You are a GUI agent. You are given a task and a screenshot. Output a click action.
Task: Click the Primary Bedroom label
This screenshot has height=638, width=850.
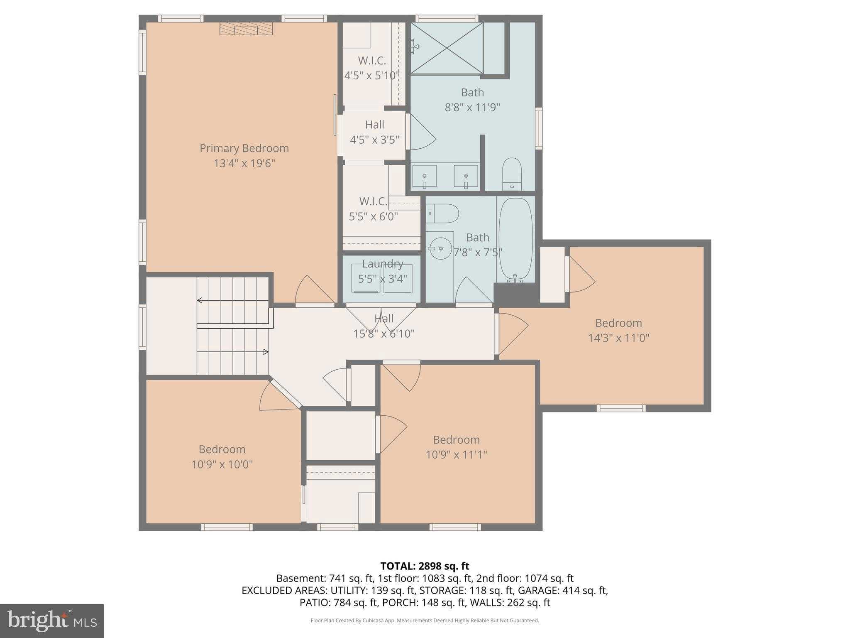coord(244,148)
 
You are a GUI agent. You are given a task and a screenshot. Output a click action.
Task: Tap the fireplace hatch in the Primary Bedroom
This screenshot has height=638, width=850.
coord(246,29)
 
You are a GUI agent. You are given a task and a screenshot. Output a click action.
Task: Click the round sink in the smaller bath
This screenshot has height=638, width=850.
coord(440,248)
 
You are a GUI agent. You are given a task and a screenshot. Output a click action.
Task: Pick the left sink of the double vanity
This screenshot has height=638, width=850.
coord(424,176)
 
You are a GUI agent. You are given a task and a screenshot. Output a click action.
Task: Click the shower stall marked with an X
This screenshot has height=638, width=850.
coord(447,49)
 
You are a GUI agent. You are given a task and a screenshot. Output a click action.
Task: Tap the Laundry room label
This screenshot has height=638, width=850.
coord(382,264)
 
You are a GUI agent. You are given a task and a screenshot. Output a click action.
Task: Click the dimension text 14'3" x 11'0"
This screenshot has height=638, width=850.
coord(618,338)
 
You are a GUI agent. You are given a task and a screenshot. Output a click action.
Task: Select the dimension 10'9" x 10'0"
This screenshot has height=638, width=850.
coord(222,464)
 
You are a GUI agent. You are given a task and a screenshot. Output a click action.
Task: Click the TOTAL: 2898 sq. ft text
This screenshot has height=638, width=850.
coord(425,566)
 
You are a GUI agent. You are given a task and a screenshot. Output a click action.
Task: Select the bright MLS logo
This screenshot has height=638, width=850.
coord(51,621)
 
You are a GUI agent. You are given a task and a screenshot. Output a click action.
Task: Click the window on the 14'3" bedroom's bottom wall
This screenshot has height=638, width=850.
coord(621,408)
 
